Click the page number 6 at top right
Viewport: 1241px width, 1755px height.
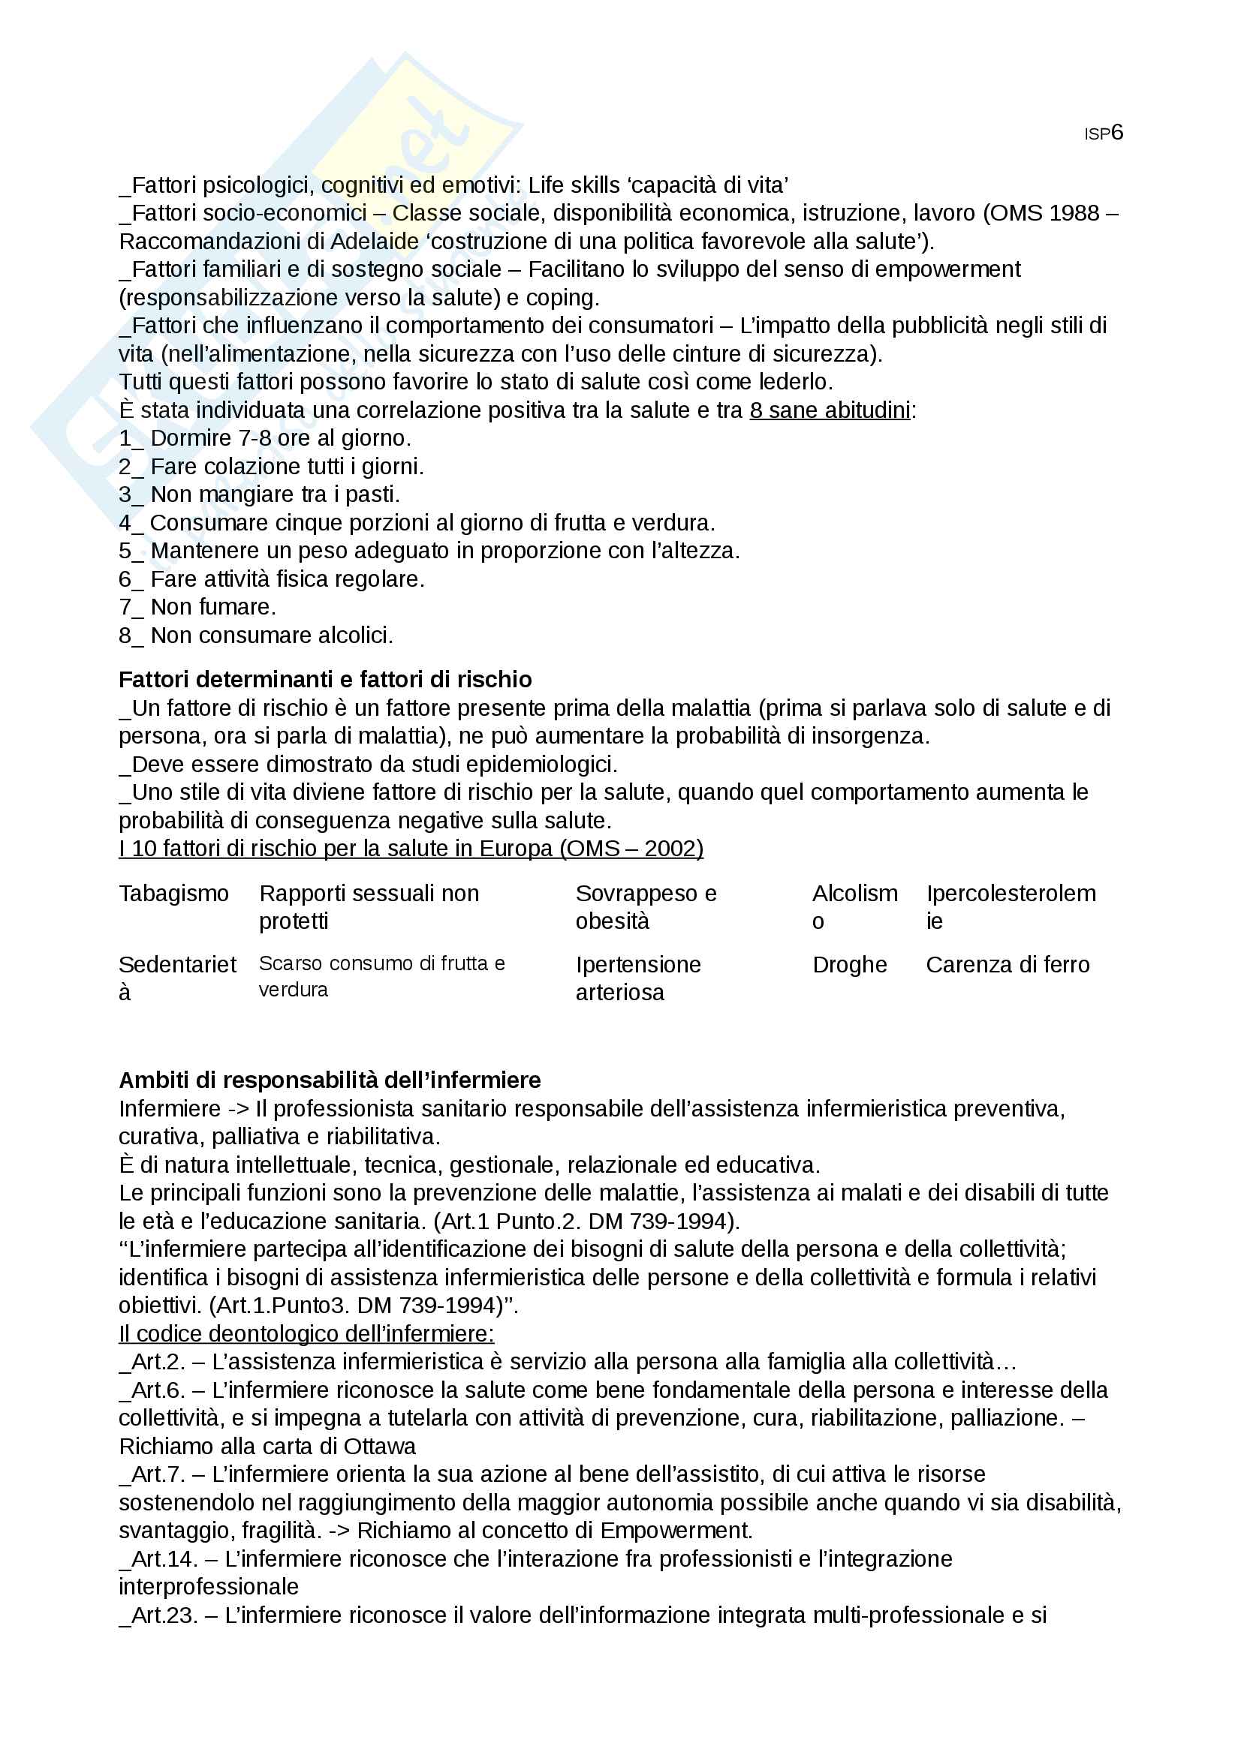(x=1117, y=133)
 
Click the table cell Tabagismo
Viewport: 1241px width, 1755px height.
(x=173, y=893)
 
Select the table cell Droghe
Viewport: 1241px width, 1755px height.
(x=849, y=965)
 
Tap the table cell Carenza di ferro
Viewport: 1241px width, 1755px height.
(x=1007, y=965)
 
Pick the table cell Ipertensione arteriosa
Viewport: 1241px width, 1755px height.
(x=637, y=978)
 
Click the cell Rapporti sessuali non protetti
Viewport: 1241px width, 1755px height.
(x=369, y=906)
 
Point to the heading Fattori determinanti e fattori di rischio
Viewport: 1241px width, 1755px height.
(x=325, y=680)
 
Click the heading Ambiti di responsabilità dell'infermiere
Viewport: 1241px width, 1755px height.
(x=330, y=1080)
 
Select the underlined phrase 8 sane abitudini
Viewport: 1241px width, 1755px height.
(x=830, y=410)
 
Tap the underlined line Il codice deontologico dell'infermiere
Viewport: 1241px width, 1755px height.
(x=306, y=1334)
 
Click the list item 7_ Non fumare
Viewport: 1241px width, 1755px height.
(x=197, y=607)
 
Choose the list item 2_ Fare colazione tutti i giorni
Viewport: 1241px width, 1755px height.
(x=271, y=466)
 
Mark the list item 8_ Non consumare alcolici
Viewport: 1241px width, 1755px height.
(x=255, y=636)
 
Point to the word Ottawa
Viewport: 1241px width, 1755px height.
(x=379, y=1446)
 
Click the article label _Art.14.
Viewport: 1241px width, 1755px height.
(x=158, y=1558)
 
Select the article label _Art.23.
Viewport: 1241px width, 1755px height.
(x=158, y=1615)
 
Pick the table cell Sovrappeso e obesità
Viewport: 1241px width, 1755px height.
(x=646, y=906)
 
